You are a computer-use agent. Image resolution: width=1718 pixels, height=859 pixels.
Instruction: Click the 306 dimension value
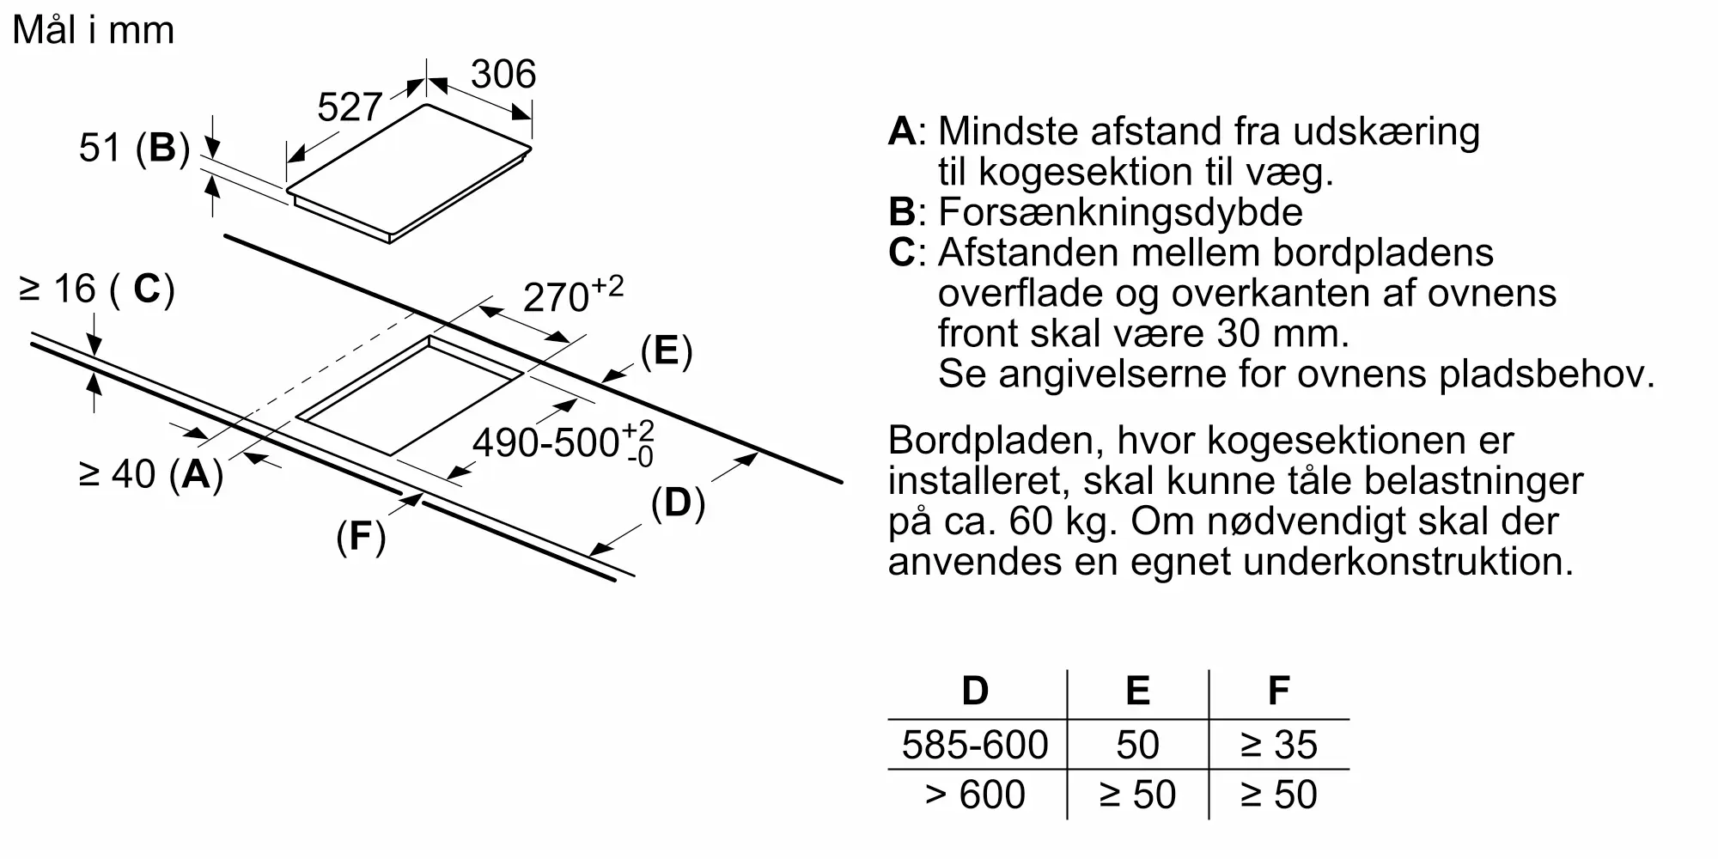(503, 74)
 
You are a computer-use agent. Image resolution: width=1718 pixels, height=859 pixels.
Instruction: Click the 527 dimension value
(349, 107)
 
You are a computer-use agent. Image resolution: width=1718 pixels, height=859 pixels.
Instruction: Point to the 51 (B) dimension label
(134, 148)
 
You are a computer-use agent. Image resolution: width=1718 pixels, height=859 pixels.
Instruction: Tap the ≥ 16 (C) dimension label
(96, 289)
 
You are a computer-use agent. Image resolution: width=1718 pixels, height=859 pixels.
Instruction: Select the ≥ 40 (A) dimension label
(150, 473)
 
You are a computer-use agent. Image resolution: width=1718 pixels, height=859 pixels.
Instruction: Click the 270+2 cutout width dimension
(572, 295)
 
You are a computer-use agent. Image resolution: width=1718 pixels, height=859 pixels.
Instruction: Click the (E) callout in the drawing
(667, 351)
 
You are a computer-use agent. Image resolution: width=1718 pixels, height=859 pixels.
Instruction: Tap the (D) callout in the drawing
(678, 503)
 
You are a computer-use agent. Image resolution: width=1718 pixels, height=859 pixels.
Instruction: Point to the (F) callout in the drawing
(361, 537)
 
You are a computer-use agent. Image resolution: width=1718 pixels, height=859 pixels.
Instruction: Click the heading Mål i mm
(94, 30)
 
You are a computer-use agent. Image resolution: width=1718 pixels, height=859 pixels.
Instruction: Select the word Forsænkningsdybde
(1120, 212)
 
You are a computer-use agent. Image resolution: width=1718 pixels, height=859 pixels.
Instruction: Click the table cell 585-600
(975, 745)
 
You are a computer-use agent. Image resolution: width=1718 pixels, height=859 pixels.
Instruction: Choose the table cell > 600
(975, 795)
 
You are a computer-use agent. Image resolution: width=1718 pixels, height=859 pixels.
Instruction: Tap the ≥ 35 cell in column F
(1278, 745)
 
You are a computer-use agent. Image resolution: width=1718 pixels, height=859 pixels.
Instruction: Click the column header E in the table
(1137, 691)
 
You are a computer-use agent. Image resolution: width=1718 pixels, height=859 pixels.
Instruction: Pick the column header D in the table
(975, 691)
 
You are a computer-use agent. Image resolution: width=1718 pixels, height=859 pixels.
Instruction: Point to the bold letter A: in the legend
(906, 131)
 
